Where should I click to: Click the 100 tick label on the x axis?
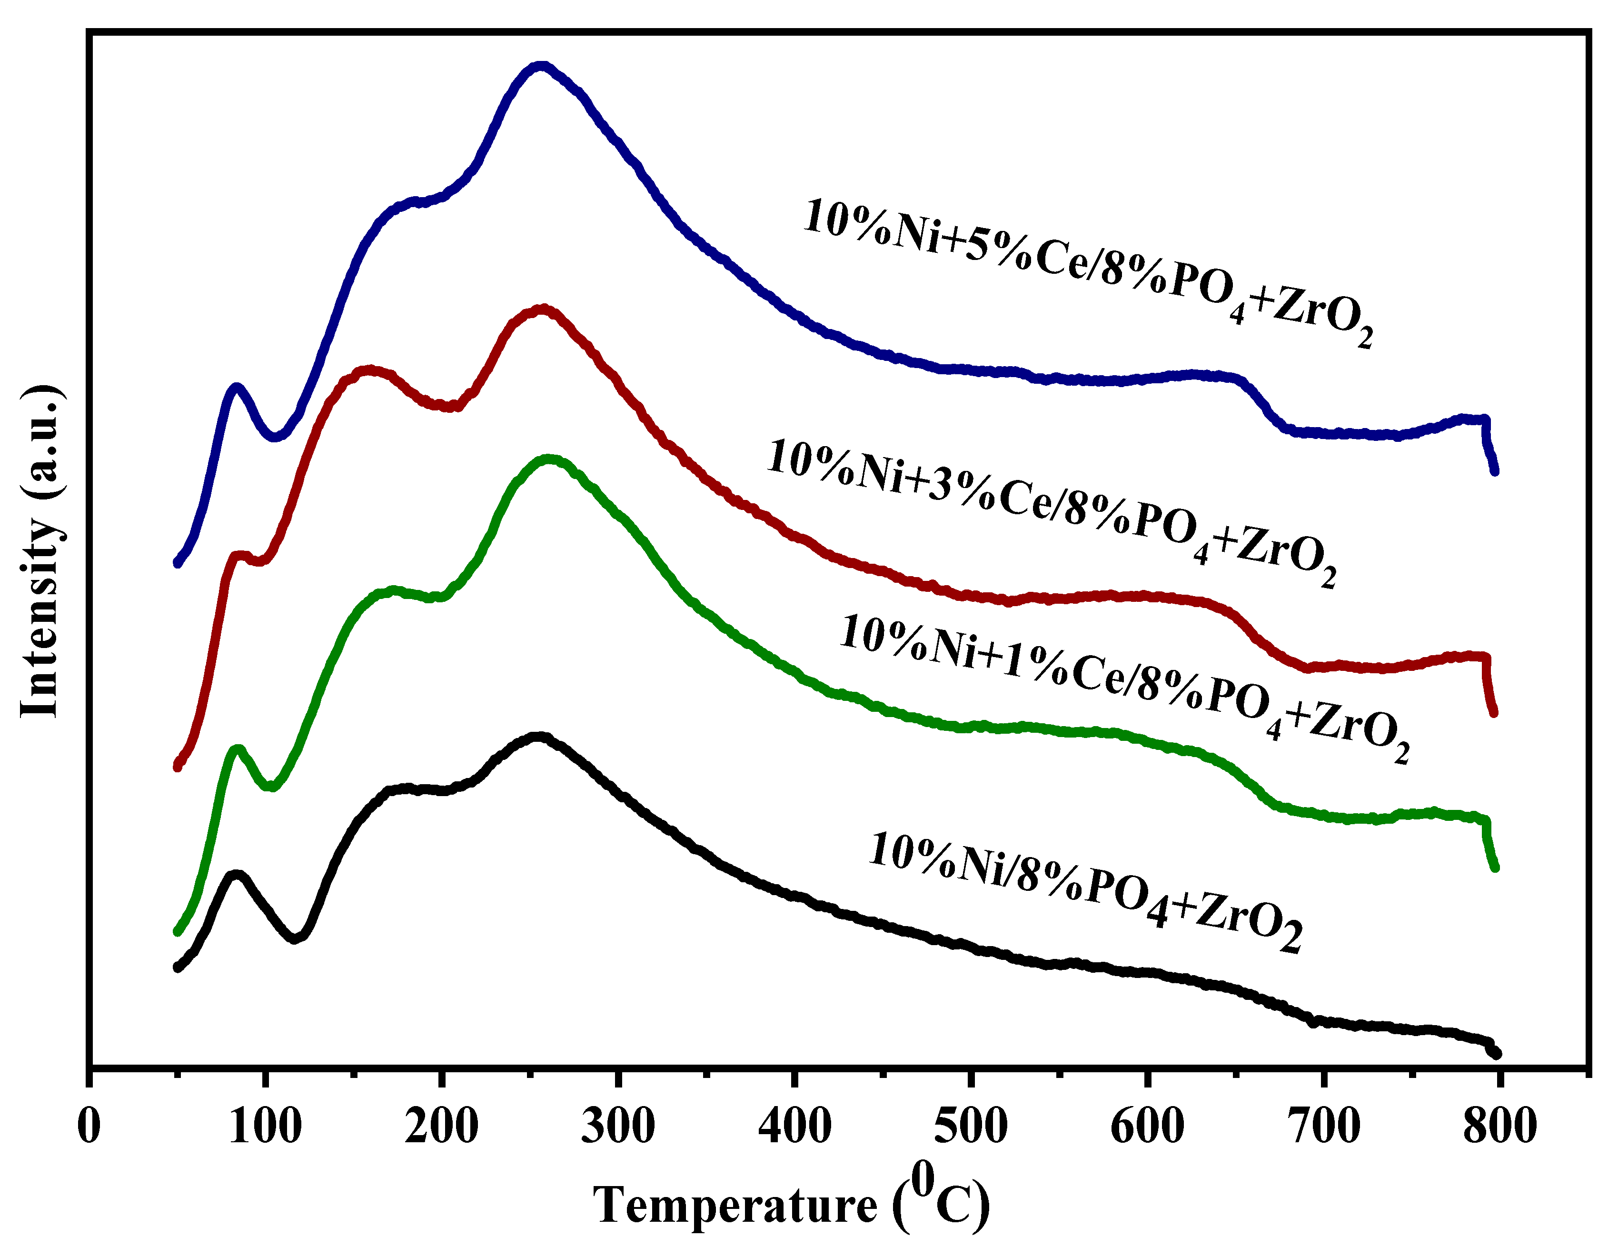(265, 1127)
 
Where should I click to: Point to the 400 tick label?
(794, 1127)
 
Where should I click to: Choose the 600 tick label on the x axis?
(1147, 1127)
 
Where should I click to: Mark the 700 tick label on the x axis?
(1323, 1127)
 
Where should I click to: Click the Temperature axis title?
(791, 1204)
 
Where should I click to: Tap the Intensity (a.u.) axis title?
(41, 552)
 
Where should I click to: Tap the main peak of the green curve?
(550, 460)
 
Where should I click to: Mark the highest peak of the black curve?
(541, 737)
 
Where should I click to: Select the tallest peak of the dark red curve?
(544, 309)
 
